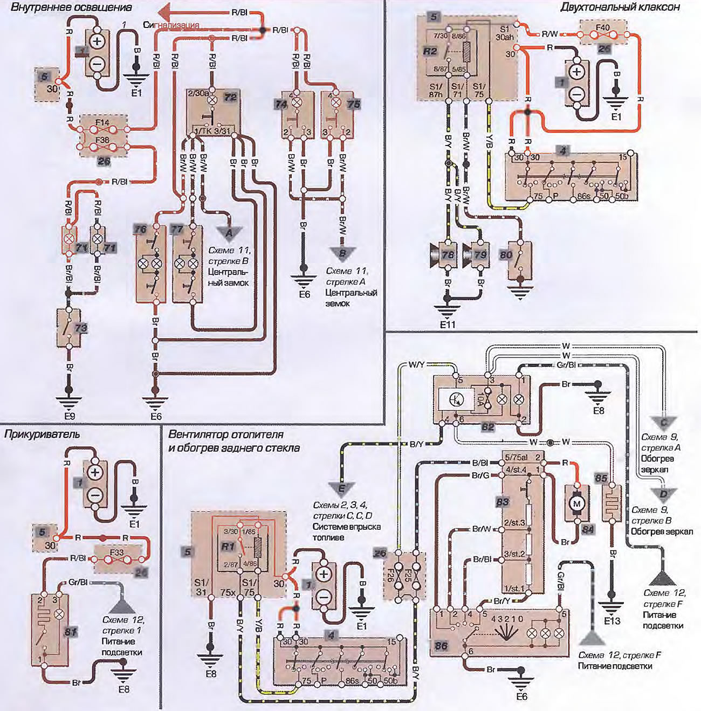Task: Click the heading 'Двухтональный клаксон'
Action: tap(620, 7)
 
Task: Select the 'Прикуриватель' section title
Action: tap(42, 434)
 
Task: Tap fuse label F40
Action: tap(603, 27)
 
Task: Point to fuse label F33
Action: tap(116, 553)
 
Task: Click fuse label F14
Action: tap(102, 123)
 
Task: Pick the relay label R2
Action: tap(430, 52)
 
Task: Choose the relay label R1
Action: tap(228, 546)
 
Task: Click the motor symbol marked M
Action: tap(577, 503)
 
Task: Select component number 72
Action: tap(230, 98)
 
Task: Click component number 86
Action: tap(441, 646)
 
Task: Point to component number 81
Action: tap(71, 632)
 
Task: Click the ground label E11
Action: tap(448, 325)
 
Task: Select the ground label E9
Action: tap(70, 416)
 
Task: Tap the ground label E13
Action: tap(612, 621)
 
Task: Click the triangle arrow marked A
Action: tap(229, 232)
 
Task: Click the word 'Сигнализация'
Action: tap(171, 25)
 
